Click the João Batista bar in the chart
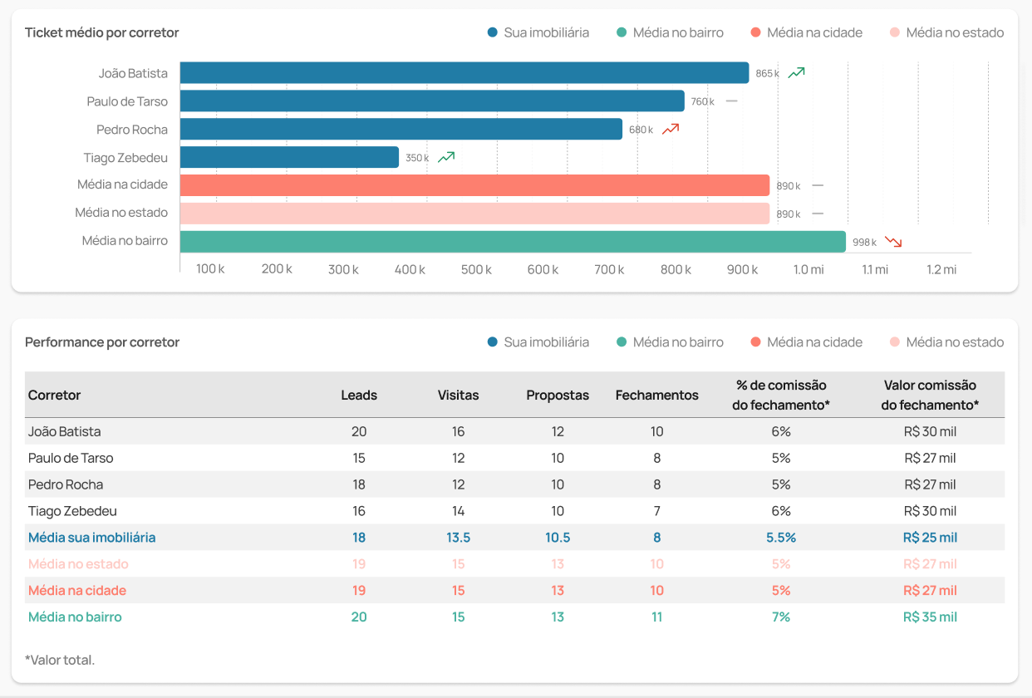pyautogui.click(x=464, y=73)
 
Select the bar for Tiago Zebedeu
pyautogui.click(x=289, y=157)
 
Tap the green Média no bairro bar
pyautogui.click(x=513, y=242)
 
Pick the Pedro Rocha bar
pyautogui.click(x=401, y=129)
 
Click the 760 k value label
pyautogui.click(x=702, y=101)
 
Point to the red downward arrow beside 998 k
pyautogui.click(x=893, y=242)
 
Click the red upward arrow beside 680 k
pyautogui.click(x=671, y=129)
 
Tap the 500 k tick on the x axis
pyautogui.click(x=476, y=269)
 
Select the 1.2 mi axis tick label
pyautogui.click(x=942, y=269)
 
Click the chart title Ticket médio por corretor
pyautogui.click(x=102, y=32)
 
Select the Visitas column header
pyautogui.click(x=459, y=396)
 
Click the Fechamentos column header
pyautogui.click(x=657, y=396)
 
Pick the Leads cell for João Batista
pyautogui.click(x=359, y=431)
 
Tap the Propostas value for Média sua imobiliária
pyautogui.click(x=558, y=538)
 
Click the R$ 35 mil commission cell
pyautogui.click(x=930, y=617)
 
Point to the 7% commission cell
pyautogui.click(x=780, y=617)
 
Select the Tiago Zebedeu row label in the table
pyautogui.click(x=72, y=511)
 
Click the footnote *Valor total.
pyautogui.click(x=60, y=660)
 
